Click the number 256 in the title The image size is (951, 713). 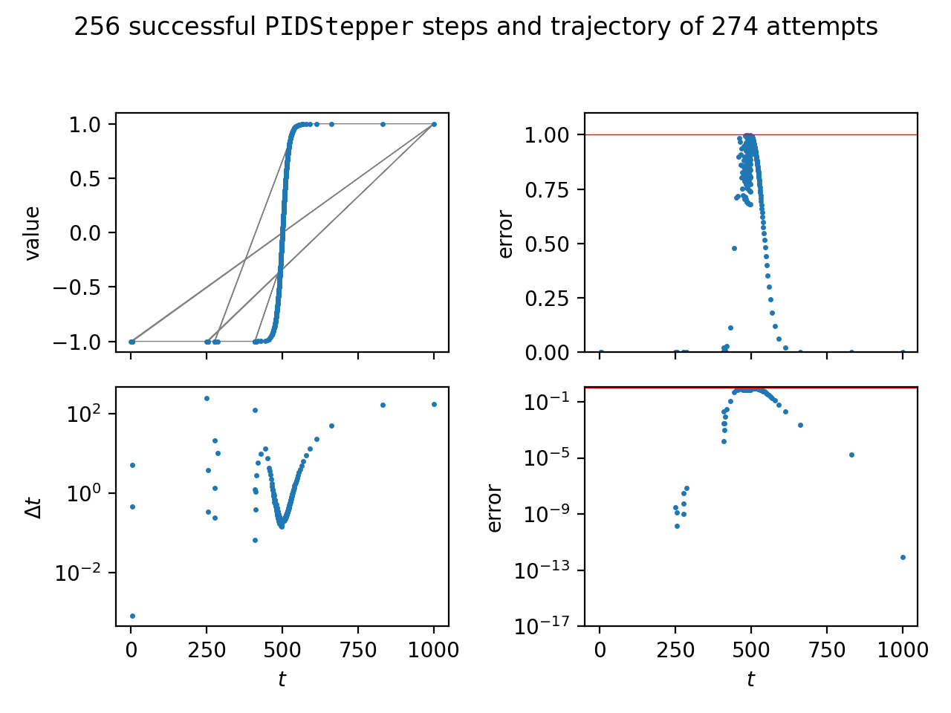click(94, 27)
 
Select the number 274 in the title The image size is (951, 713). click(735, 27)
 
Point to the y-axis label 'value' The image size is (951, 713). click(32, 233)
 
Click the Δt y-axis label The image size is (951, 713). click(32, 507)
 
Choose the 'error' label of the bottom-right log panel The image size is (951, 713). click(495, 508)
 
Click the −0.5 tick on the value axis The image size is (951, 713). click(84, 287)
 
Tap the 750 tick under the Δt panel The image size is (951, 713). click(358, 650)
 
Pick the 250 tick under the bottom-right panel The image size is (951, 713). click(675, 650)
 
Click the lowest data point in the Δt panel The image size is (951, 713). click(132, 616)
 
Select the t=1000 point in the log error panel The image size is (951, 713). click(903, 557)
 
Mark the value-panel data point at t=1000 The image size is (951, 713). click(434, 124)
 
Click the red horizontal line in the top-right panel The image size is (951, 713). click(817, 134)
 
